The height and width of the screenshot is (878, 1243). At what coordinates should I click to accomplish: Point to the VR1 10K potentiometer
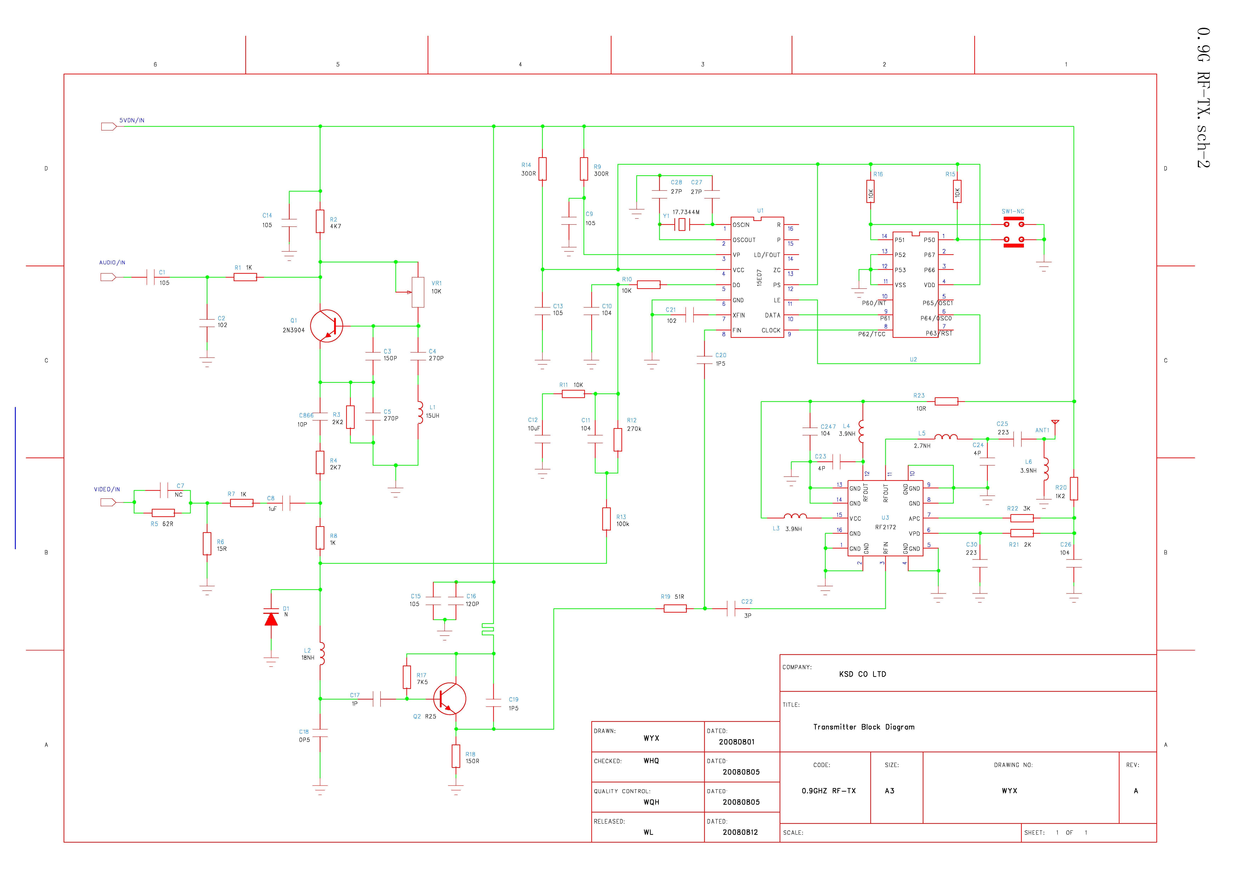418,292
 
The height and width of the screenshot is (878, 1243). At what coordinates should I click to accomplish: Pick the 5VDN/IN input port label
132,120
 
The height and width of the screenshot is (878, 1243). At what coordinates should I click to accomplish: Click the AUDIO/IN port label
112,262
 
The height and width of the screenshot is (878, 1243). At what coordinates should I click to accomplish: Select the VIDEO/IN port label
107,489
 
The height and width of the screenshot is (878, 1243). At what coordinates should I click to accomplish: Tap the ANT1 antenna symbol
1055,422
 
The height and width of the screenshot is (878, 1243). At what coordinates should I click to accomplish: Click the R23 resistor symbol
946,401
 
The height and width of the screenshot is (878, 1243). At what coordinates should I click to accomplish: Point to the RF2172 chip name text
886,527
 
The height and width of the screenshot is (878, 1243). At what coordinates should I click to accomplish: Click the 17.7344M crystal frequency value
686,212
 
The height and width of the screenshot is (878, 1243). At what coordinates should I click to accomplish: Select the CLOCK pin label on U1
771,330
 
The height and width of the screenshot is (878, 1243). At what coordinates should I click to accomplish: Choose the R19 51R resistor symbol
675,609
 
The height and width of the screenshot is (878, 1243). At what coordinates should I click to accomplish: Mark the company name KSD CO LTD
863,674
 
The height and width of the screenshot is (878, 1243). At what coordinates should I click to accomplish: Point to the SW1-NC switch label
1012,212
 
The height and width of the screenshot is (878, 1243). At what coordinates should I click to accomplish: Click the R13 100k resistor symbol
606,519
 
